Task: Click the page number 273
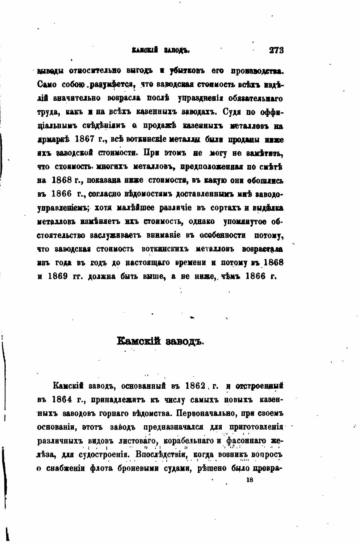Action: pos(276,50)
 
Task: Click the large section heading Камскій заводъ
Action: pos(160,341)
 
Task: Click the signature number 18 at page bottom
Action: pos(249,480)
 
